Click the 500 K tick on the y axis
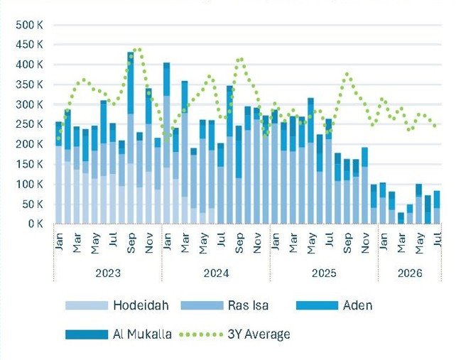click(x=29, y=25)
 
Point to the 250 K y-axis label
click(x=29, y=124)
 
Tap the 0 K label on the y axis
click(x=36, y=224)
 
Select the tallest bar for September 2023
click(x=131, y=138)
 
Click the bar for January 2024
click(x=167, y=143)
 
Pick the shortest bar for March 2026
click(x=401, y=218)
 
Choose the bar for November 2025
click(x=365, y=185)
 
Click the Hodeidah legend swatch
click(x=87, y=305)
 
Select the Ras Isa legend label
click(x=248, y=305)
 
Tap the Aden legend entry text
click(x=358, y=305)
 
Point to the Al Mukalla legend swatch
click(x=87, y=334)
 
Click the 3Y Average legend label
click(x=259, y=334)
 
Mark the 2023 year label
click(x=108, y=273)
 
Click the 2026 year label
click(x=410, y=273)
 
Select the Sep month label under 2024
click(x=239, y=243)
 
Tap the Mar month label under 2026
click(x=401, y=243)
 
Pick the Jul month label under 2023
click(x=112, y=239)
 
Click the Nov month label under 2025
click(x=365, y=243)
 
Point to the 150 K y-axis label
click(x=29, y=164)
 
